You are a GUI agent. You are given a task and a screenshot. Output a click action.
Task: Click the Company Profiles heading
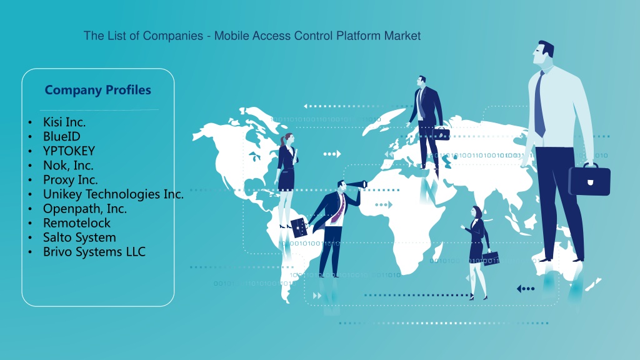(98, 90)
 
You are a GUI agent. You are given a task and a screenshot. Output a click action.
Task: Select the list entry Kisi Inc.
(64, 122)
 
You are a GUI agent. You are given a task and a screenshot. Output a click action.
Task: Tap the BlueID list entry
(62, 136)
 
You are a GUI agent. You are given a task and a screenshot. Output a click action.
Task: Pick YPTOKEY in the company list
(69, 151)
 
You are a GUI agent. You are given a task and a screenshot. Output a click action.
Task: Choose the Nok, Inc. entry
(68, 165)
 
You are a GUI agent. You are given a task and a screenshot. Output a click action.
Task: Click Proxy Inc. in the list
(70, 180)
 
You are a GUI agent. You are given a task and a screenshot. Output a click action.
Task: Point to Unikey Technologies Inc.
(113, 194)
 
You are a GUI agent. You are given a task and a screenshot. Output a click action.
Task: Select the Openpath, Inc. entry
(85, 209)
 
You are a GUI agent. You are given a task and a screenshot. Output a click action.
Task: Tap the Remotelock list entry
(77, 223)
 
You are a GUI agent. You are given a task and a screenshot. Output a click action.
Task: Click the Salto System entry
(79, 237)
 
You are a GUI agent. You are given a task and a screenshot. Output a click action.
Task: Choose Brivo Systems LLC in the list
(94, 252)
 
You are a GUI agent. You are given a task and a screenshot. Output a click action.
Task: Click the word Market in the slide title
(402, 36)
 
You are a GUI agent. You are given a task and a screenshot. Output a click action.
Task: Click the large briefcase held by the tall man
(589, 179)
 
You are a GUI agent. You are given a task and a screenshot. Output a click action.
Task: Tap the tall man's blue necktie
(539, 104)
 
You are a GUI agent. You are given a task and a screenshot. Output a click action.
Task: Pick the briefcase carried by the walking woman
(491, 258)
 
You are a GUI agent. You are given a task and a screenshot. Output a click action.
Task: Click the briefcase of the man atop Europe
(441, 133)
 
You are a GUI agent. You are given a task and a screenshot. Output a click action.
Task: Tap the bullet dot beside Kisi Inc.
(30, 122)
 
